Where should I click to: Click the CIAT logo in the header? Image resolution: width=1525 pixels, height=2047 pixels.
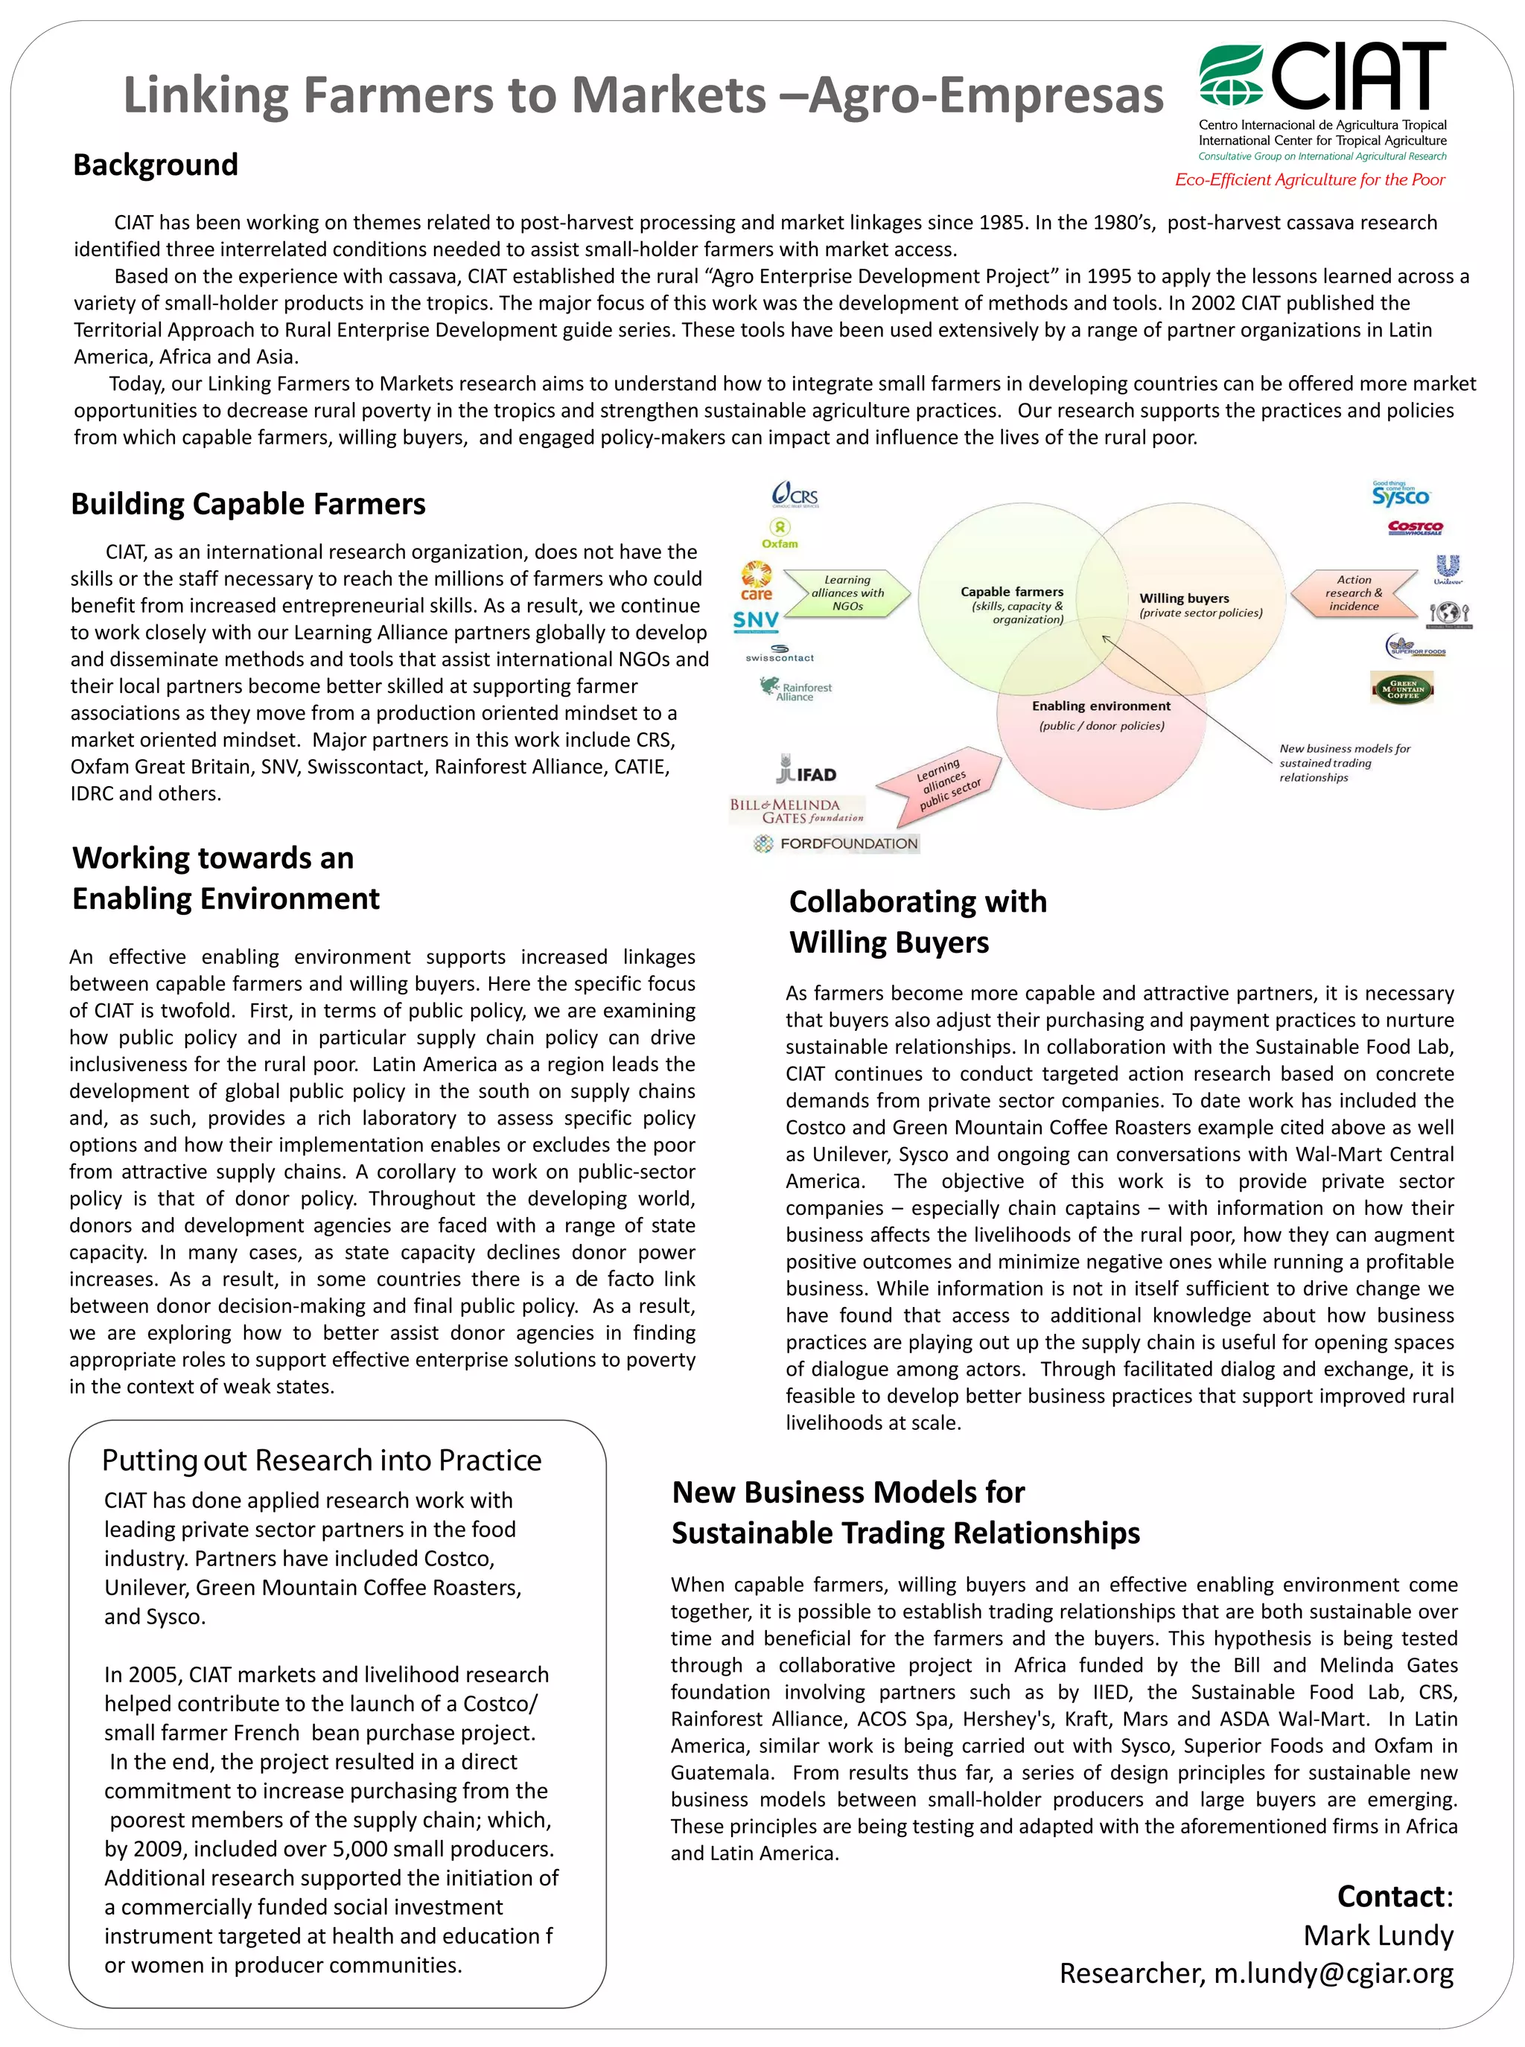1322,77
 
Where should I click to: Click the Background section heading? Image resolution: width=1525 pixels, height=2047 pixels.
155,165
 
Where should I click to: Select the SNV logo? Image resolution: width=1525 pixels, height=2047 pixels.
755,620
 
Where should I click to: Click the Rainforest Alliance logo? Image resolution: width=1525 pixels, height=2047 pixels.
796,689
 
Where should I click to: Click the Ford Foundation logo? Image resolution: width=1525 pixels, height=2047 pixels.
836,843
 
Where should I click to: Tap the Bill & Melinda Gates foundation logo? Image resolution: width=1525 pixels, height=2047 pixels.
797,811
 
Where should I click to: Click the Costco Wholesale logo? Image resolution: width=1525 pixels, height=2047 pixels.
1415,527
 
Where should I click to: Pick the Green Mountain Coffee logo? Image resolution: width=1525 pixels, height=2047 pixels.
1402,688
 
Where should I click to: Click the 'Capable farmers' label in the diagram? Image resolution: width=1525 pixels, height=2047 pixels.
1012,592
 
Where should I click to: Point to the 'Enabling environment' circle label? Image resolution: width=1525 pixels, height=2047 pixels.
1101,706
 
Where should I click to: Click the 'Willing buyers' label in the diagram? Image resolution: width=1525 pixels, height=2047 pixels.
1185,598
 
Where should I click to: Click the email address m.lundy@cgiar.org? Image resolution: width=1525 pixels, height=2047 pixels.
1333,1973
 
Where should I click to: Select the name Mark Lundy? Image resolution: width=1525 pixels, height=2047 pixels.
1378,1935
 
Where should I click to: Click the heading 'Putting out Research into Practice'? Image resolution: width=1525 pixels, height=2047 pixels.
321,1460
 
